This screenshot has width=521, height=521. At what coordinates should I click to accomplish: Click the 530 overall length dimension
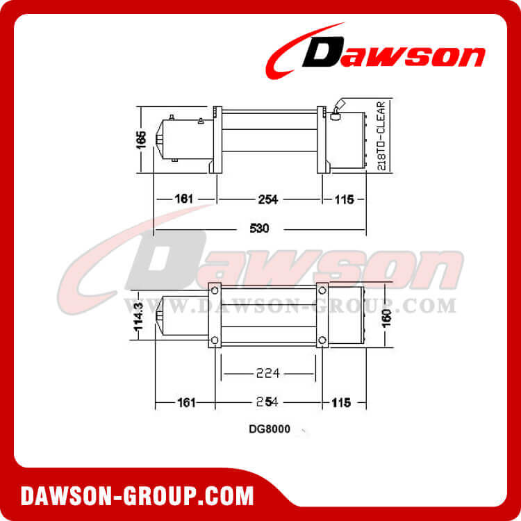pyautogui.click(x=259, y=228)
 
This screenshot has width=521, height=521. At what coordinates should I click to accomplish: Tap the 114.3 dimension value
pyautogui.click(x=139, y=315)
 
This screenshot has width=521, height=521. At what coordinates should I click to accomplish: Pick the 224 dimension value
pyautogui.click(x=267, y=373)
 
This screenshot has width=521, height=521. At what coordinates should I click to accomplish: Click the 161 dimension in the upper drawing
pyautogui.click(x=183, y=199)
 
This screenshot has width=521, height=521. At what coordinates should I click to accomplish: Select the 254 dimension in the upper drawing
pyautogui.click(x=267, y=199)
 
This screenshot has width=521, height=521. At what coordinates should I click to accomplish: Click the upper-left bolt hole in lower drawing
pyautogui.click(x=215, y=290)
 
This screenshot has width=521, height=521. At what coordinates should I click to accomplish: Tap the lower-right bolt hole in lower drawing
pyautogui.click(x=322, y=340)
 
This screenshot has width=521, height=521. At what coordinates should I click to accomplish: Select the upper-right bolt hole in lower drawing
pyautogui.click(x=322, y=290)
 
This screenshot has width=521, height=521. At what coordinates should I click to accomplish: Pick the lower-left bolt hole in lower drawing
pyautogui.click(x=215, y=340)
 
